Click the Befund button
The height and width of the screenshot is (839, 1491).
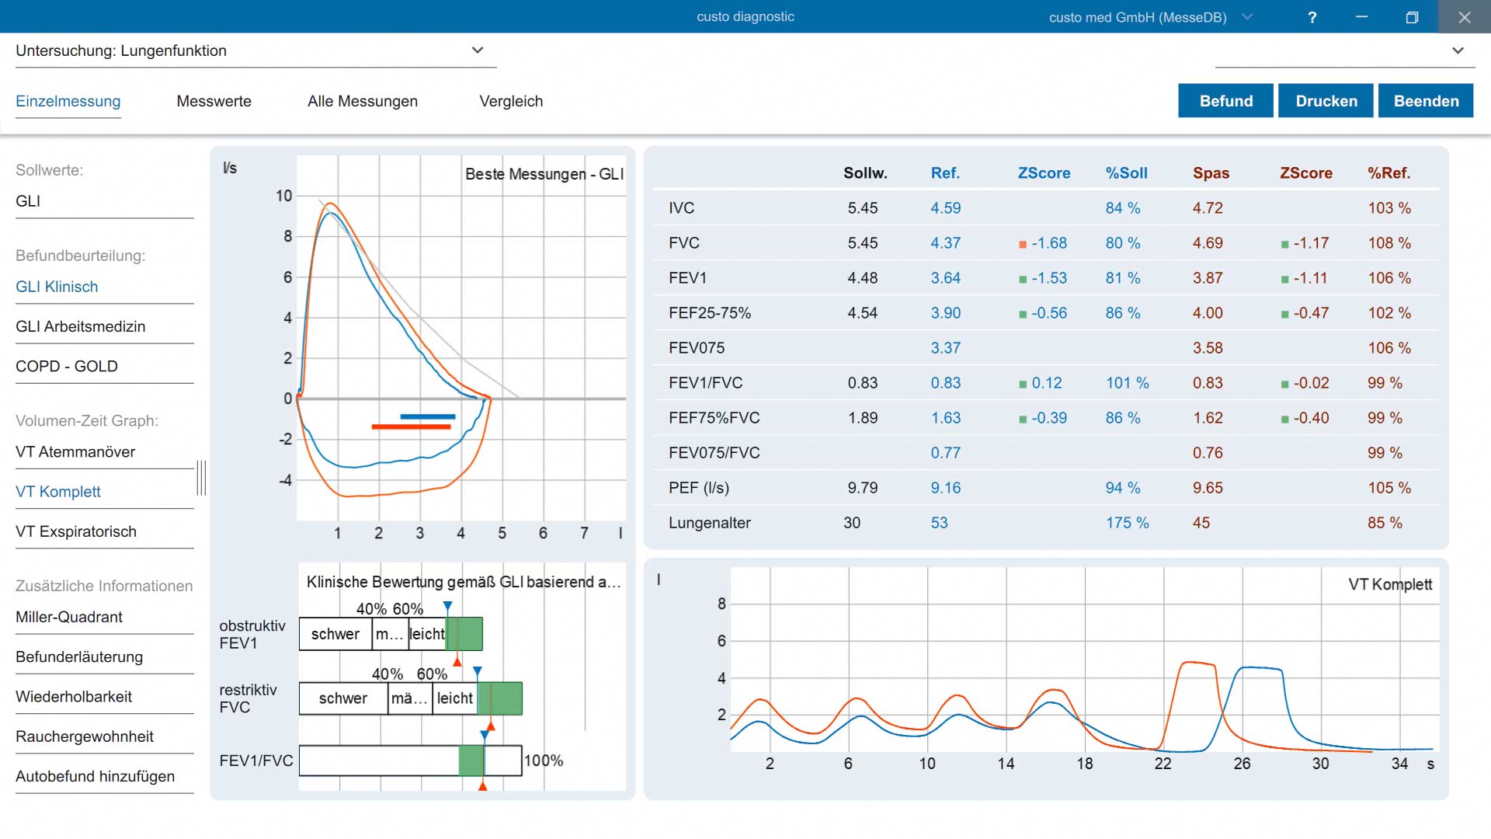1225,101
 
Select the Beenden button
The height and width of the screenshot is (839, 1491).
1426,101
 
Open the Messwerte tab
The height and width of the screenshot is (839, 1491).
214,101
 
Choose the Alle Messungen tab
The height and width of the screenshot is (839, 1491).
363,101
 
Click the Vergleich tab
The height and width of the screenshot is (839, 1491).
511,101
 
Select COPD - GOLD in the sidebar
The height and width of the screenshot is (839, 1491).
67,366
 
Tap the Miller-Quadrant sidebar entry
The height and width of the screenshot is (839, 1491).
69,617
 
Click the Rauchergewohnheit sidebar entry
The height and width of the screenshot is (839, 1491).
85,736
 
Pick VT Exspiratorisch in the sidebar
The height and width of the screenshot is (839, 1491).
76,531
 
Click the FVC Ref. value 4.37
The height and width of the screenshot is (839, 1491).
946,243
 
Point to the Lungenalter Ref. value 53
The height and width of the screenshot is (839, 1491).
940,523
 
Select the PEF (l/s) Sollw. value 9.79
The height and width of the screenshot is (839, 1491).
863,488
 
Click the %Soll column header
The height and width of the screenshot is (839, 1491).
1127,173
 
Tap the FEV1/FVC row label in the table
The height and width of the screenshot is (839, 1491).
706,383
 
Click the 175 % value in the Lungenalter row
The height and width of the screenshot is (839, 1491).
1128,523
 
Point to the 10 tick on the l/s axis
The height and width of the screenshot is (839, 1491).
284,196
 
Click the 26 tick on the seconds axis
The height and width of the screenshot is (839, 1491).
1242,764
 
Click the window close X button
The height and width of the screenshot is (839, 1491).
1465,17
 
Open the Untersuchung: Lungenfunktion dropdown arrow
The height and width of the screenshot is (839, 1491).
478,50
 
